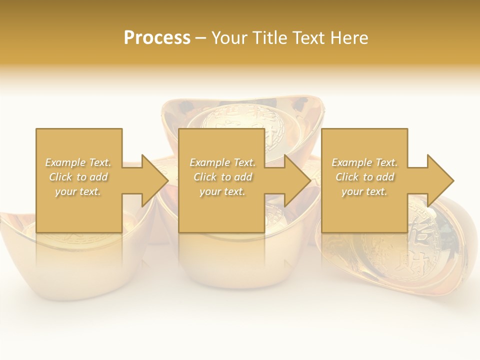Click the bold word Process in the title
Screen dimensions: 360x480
(x=157, y=38)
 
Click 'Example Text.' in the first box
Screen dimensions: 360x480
(x=78, y=162)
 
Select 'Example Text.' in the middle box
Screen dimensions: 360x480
(x=222, y=162)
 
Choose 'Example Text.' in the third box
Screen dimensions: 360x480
(x=364, y=162)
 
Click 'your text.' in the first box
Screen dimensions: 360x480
(x=78, y=191)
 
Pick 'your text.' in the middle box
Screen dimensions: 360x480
(x=222, y=191)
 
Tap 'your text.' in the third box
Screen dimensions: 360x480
(x=364, y=191)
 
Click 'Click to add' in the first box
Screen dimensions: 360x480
(x=78, y=177)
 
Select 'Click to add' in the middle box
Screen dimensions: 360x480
(x=222, y=177)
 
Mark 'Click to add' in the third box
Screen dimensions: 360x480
(x=364, y=177)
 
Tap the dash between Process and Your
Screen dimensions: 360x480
(x=200, y=38)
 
